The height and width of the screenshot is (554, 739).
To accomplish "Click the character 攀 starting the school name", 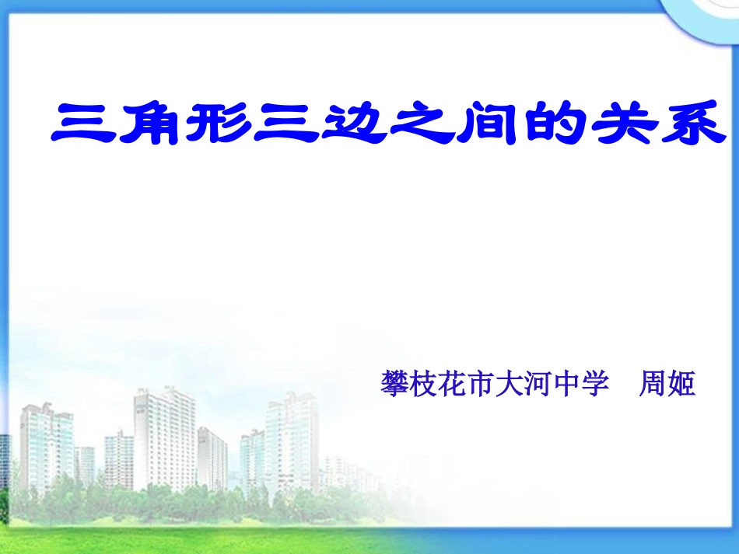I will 394,383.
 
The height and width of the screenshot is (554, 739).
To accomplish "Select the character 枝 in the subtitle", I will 422,383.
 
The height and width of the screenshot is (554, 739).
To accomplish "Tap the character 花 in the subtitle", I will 451,383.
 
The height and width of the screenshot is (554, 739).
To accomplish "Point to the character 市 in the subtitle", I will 480,383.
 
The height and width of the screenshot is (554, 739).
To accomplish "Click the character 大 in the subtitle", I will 509,383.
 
